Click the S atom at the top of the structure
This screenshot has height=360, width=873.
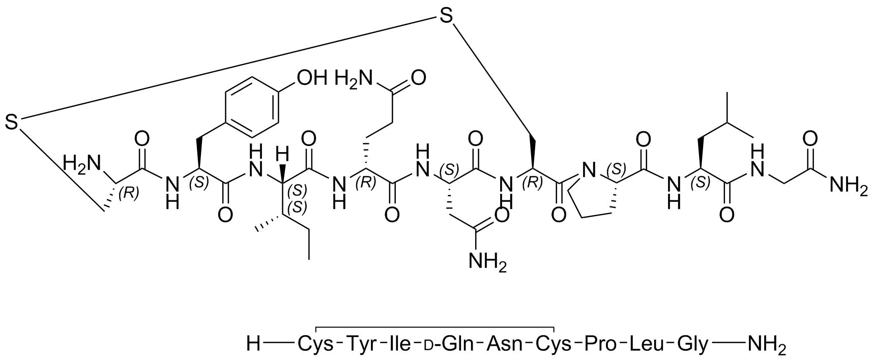[446, 16]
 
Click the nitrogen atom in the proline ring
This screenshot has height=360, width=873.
[588, 170]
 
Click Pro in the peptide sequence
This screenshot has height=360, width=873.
[600, 344]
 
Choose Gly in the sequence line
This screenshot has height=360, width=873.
[692, 345]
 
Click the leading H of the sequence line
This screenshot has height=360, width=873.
[253, 344]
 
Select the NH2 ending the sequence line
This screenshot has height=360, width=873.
[767, 345]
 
